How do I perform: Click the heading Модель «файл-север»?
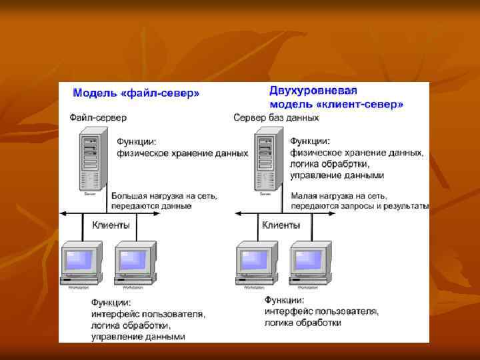point(135,93)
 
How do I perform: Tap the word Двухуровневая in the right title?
point(313,91)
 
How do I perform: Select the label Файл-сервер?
point(98,117)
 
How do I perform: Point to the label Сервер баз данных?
point(276,117)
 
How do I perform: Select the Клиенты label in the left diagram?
point(110,225)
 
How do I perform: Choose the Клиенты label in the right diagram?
point(281,225)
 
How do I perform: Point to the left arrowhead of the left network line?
point(62,213)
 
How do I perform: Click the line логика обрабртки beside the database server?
point(329,164)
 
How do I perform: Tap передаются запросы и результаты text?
point(361,206)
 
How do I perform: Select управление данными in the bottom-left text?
point(138,337)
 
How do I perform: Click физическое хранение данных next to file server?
point(183,153)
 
